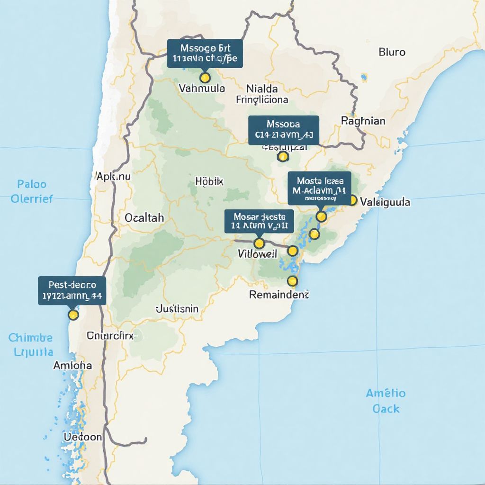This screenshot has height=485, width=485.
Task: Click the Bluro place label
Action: pyautogui.click(x=392, y=52)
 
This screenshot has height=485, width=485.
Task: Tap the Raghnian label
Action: pyautogui.click(x=363, y=121)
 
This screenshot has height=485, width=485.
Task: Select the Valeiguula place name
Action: pyautogui.click(x=385, y=202)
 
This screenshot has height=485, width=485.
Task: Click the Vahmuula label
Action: pyautogui.click(x=202, y=88)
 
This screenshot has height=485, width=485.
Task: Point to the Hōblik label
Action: pyautogui.click(x=209, y=181)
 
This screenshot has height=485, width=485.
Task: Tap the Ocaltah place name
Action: pyautogui.click(x=144, y=218)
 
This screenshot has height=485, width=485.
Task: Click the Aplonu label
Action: pyautogui.click(x=113, y=177)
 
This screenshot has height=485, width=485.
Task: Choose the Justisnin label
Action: pyautogui.click(x=177, y=309)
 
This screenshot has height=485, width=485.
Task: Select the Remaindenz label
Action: pyautogui.click(x=279, y=295)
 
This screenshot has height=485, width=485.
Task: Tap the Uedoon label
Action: pyautogui.click(x=82, y=437)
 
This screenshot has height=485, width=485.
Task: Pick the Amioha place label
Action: pyautogui.click(x=72, y=366)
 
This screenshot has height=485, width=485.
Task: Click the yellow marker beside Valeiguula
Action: pyautogui.click(x=352, y=200)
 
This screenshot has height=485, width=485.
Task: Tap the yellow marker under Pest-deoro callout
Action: pyautogui.click(x=72, y=314)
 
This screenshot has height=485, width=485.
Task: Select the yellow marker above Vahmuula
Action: pyautogui.click(x=205, y=77)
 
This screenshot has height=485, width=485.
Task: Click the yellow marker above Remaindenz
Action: pyautogui.click(x=292, y=281)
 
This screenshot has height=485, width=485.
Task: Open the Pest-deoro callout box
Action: pyautogui.click(x=72, y=291)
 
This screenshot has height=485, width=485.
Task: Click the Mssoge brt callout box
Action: pyautogui.click(x=205, y=54)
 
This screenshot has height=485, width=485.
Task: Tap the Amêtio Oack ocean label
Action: pyautogui.click(x=386, y=401)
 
